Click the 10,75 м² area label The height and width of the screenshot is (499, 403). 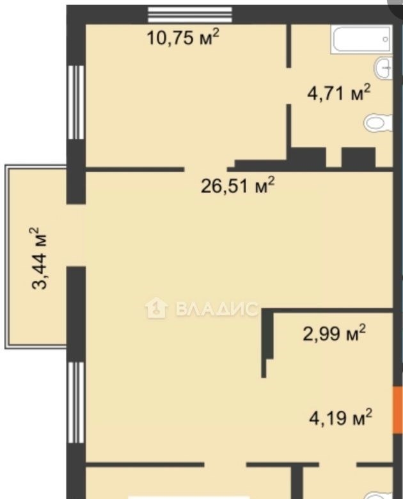(183, 37)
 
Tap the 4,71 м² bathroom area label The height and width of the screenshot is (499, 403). (339, 93)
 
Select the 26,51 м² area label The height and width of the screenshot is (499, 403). (237, 186)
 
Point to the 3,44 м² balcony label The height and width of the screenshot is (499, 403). (40, 258)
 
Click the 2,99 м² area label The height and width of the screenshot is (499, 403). (335, 333)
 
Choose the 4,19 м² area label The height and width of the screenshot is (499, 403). (340, 418)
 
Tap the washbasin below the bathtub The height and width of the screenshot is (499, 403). (383, 68)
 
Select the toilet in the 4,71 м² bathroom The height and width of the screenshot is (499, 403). (379, 123)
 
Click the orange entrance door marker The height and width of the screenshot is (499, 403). (398, 410)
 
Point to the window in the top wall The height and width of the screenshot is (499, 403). (190, 15)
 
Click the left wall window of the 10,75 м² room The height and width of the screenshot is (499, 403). (76, 102)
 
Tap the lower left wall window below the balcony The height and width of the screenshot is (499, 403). (76, 402)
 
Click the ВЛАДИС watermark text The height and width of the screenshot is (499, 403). (216, 308)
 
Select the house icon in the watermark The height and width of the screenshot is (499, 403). (156, 308)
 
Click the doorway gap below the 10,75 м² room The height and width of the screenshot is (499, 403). (205, 170)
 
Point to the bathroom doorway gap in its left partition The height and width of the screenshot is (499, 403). (288, 86)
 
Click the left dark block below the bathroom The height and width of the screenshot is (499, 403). (308, 158)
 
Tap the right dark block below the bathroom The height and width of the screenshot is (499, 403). (359, 158)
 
